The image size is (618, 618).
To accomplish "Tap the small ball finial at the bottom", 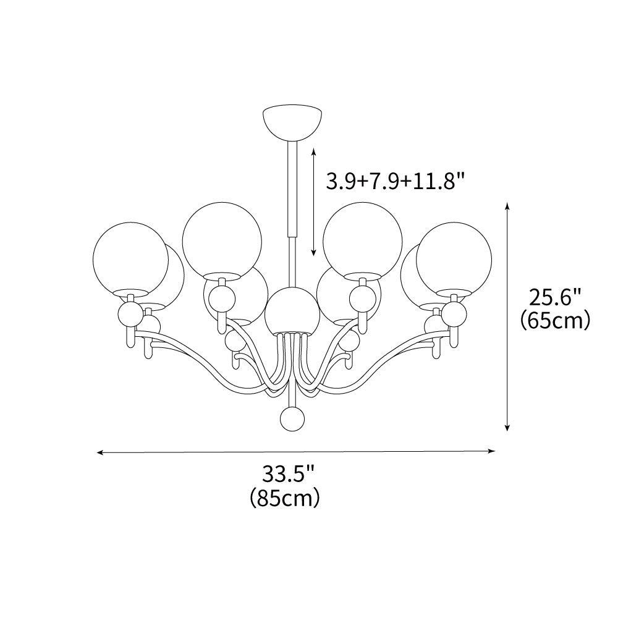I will [292, 419].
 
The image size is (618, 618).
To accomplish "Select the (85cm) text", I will [285, 497].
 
